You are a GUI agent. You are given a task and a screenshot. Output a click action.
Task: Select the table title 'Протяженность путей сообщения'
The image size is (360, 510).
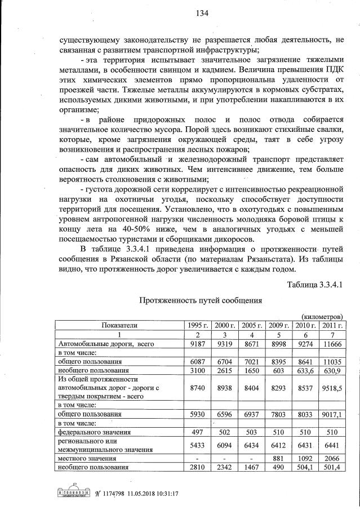201,301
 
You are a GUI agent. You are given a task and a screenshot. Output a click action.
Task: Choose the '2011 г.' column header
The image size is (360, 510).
331,325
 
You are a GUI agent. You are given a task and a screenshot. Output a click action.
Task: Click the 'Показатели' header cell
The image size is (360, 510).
119,325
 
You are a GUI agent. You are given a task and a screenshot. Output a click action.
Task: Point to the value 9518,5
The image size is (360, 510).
331,388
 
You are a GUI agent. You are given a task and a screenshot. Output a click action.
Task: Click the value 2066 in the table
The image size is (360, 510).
331,458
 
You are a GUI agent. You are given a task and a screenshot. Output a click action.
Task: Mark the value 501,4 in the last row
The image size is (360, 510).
331,467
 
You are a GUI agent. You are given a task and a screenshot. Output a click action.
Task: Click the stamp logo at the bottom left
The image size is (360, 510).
72,494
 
